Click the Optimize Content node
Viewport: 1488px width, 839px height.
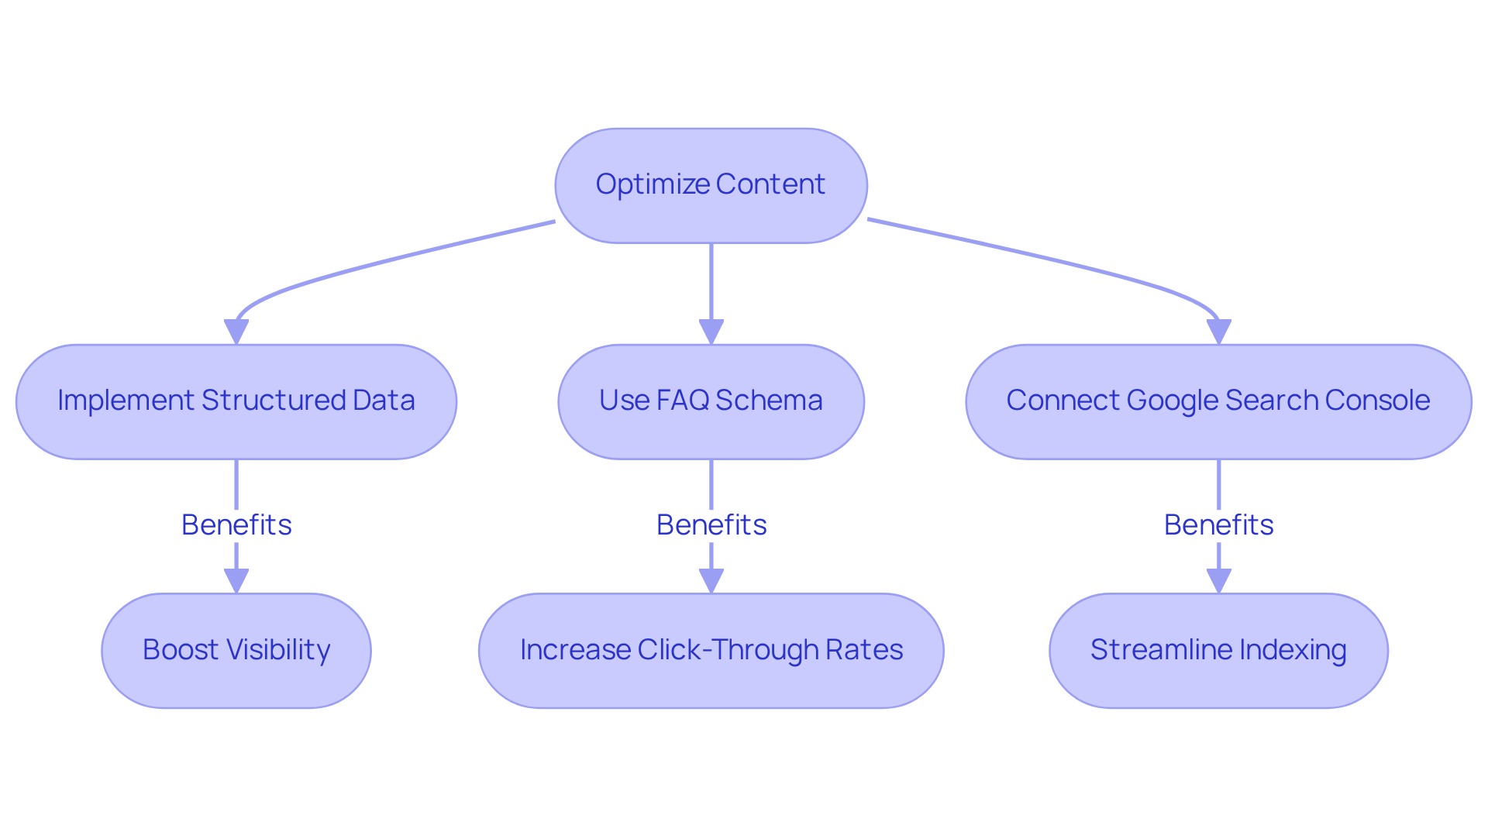click(x=711, y=186)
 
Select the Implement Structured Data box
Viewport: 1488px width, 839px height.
click(x=236, y=401)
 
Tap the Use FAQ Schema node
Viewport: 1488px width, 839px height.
click(x=711, y=401)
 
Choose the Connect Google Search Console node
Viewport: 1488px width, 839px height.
click(x=1218, y=401)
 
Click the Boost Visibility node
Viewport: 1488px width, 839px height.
click(x=236, y=650)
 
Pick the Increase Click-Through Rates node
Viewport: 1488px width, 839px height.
click(x=711, y=650)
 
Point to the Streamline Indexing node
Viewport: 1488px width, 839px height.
click(x=1218, y=650)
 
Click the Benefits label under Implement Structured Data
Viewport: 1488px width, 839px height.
click(x=236, y=524)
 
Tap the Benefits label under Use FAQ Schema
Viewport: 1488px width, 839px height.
click(x=711, y=524)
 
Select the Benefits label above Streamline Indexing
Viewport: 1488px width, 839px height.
click(x=1218, y=524)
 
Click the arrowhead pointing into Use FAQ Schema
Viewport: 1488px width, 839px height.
click(x=711, y=332)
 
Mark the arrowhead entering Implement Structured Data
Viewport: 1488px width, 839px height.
click(x=236, y=332)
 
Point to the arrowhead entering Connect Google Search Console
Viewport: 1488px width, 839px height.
click(x=1218, y=332)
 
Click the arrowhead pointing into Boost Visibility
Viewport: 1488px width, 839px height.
click(x=236, y=581)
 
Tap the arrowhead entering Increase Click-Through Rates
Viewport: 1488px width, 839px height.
click(x=711, y=581)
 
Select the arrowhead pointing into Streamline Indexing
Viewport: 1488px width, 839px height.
click(x=1218, y=581)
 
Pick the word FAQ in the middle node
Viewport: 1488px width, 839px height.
click(x=683, y=401)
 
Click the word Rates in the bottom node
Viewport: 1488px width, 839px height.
click(x=874, y=650)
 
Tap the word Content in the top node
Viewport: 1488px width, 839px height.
click(x=770, y=184)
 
